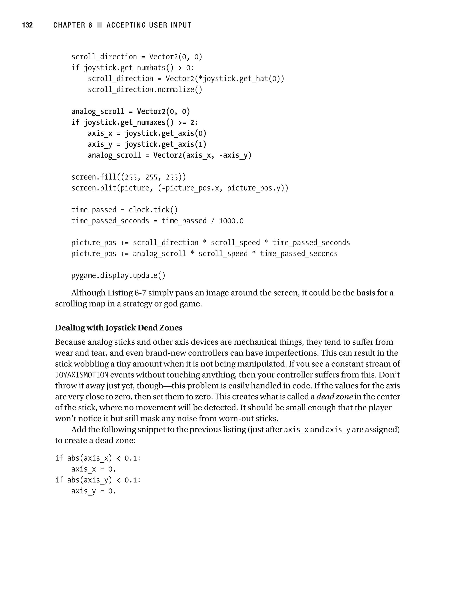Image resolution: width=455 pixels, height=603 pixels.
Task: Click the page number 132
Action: pyautogui.click(x=27, y=25)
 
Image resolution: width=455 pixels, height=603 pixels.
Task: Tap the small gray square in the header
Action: pyautogui.click(x=99, y=25)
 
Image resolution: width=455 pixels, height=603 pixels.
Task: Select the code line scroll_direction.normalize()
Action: pyautogui.click(x=145, y=89)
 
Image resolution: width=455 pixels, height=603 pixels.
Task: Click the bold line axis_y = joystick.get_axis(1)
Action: pyautogui.click(x=147, y=144)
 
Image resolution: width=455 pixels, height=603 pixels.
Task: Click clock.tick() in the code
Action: pyautogui.click(x=153, y=210)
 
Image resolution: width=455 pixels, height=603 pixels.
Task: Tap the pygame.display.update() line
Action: pyautogui.click(x=118, y=276)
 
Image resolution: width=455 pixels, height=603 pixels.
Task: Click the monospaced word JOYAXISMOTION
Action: pyautogui.click(x=82, y=375)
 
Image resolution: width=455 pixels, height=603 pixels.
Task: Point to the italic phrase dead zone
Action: pyautogui.click(x=334, y=397)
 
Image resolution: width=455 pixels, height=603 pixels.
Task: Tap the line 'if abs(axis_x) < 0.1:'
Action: pyautogui.click(x=98, y=458)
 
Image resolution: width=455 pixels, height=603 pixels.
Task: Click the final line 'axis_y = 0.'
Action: pyautogui.click(x=93, y=491)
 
